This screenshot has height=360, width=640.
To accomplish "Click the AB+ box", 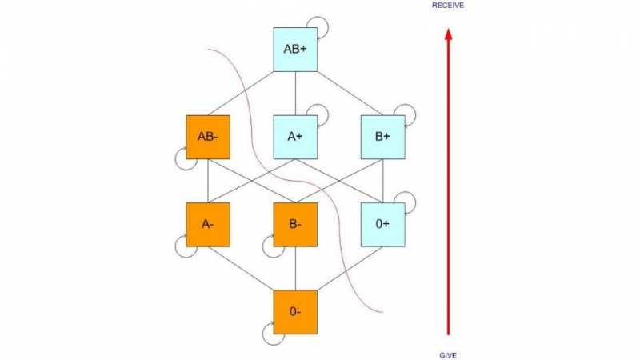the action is (x=295, y=50).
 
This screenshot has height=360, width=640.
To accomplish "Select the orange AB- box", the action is (x=208, y=137).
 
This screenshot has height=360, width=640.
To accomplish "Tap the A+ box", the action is (x=295, y=137).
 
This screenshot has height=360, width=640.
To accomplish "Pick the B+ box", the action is (x=383, y=137).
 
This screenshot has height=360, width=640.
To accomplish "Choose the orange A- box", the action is (x=208, y=225).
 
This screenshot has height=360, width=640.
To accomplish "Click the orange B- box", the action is (x=295, y=225).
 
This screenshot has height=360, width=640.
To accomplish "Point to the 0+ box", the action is (x=383, y=225).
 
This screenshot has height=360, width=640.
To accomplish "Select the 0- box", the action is (x=295, y=312).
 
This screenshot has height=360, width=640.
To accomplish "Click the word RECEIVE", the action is (x=448, y=6).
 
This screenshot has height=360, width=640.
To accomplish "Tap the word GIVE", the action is (x=448, y=355).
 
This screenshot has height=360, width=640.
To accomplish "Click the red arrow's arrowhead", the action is (x=448, y=34).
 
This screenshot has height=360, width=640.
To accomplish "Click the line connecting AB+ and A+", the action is (x=295, y=94).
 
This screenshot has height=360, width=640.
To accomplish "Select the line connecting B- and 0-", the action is (x=295, y=269).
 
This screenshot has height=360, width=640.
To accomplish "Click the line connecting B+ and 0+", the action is (x=383, y=181).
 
